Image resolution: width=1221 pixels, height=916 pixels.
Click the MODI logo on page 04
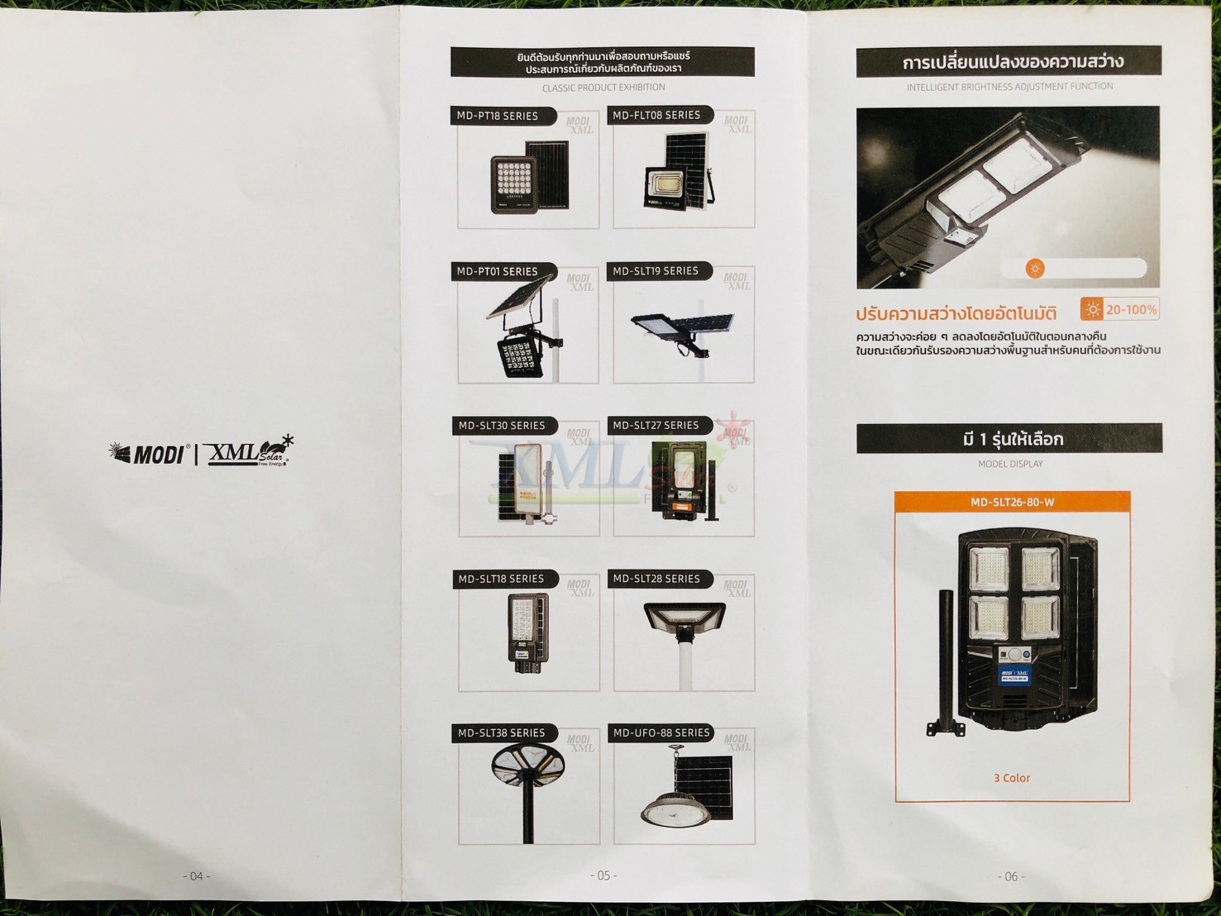pos(148,454)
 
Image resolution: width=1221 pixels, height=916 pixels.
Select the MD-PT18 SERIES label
pos(498,116)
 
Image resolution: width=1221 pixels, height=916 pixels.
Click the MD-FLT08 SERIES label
pos(656,115)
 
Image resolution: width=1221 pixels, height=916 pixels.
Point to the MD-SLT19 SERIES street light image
pos(683,331)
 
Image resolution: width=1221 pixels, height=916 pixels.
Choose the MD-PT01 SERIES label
pos(498,271)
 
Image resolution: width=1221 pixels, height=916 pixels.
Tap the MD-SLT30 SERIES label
pos(502,425)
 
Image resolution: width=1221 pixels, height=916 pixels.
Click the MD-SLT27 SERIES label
pos(656,425)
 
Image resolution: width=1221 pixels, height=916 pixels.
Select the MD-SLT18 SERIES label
pos(501,579)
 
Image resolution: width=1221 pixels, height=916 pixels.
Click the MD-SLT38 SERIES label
pos(501,732)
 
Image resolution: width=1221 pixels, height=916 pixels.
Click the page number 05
pos(603,875)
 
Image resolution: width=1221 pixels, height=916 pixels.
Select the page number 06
pos(1011,876)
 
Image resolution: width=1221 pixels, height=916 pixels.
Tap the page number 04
pos(197,876)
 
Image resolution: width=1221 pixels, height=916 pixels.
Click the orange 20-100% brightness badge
pos(1119,309)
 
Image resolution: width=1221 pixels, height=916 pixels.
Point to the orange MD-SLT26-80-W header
pos(1012,502)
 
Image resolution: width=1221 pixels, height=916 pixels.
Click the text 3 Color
pos(1012,778)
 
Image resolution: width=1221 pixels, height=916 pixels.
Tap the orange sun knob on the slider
pos(1034,268)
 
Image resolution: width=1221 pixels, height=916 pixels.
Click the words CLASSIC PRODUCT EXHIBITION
pos(603,88)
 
